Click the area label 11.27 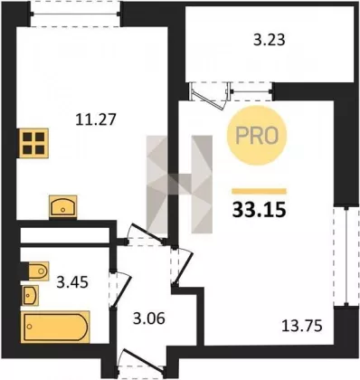tap(96, 119)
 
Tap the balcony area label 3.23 tap(270, 40)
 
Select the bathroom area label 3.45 tap(72, 282)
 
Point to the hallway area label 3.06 tap(149, 318)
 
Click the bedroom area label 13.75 tap(302, 326)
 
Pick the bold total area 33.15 tap(259, 210)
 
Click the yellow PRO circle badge tap(257, 136)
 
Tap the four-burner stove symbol tap(33, 143)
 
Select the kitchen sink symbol tap(63, 206)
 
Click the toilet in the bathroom tap(38, 271)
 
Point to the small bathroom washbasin tap(31, 295)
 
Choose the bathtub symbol tap(55, 327)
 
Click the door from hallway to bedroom tap(182, 266)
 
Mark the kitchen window tap(75, 14)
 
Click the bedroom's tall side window tap(347, 257)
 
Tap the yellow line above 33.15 tap(259, 191)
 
